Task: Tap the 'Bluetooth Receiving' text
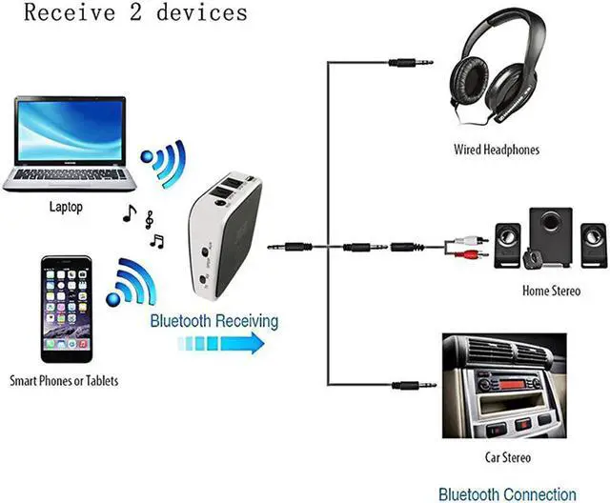point(214,321)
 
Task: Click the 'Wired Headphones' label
point(496,150)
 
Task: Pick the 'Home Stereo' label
point(550,291)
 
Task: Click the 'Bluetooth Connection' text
point(507,493)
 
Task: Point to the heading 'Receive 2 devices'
point(135,12)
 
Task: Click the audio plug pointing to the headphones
point(410,63)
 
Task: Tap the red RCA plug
point(473,255)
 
